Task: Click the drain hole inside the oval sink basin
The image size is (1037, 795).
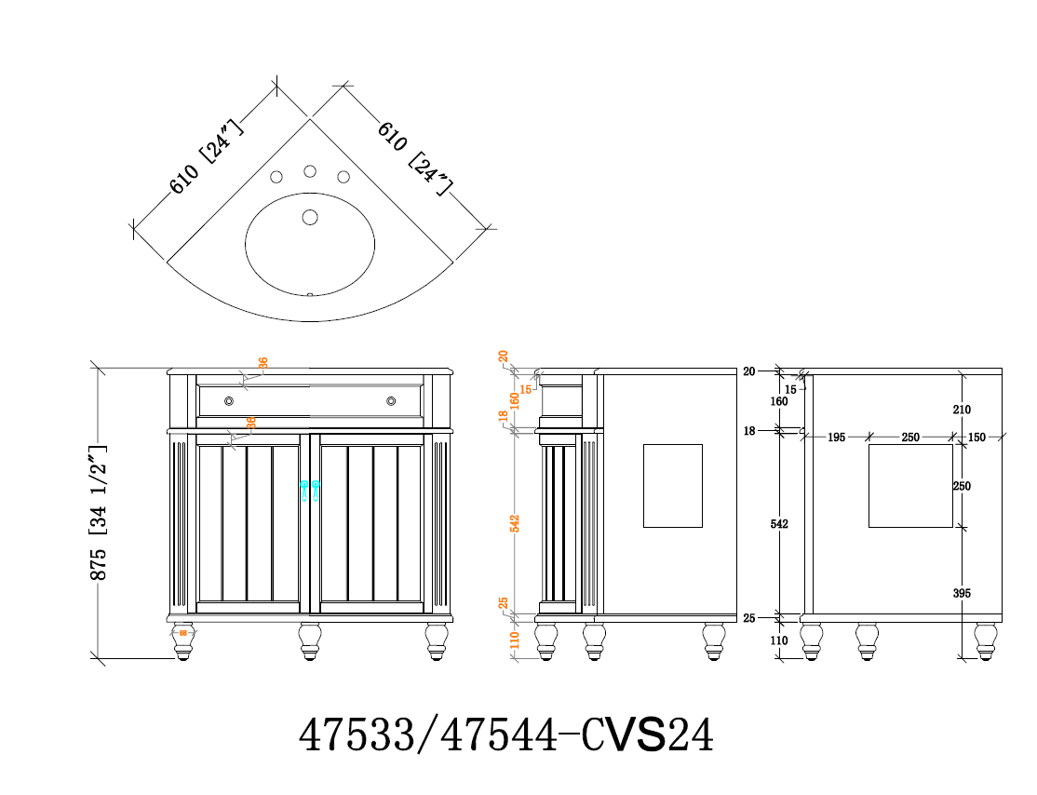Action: pyautogui.click(x=310, y=217)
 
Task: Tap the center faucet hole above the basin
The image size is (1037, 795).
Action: pyautogui.click(x=310, y=171)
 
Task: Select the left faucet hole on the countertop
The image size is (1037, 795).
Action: pyautogui.click(x=276, y=177)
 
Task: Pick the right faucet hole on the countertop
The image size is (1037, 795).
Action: pyautogui.click(x=343, y=177)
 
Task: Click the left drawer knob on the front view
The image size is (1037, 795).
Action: pyautogui.click(x=229, y=400)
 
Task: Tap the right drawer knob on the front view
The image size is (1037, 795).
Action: pyautogui.click(x=391, y=400)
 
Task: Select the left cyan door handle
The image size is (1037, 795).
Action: pyautogui.click(x=304, y=490)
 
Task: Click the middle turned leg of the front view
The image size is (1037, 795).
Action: pyautogui.click(x=310, y=640)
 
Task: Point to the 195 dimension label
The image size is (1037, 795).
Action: pyautogui.click(x=835, y=438)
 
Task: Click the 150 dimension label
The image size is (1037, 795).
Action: pyautogui.click(x=976, y=438)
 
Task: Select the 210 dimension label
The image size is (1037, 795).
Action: pyautogui.click(x=962, y=410)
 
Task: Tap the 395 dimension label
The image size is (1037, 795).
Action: pyautogui.click(x=962, y=593)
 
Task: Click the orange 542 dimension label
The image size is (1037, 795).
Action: pyautogui.click(x=515, y=524)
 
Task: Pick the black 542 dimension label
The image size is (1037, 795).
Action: pyautogui.click(x=779, y=524)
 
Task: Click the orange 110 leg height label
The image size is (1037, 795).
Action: pyautogui.click(x=515, y=640)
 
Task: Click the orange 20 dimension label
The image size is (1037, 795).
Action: pyautogui.click(x=504, y=357)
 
